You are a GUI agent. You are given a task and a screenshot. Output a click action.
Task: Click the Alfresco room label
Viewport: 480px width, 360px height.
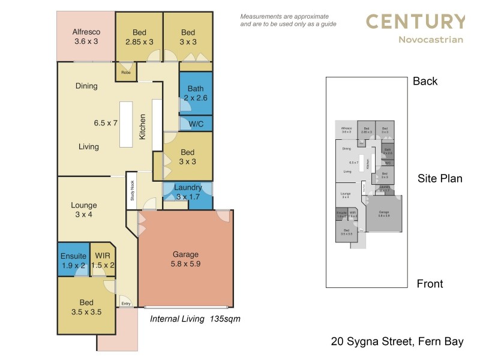86,32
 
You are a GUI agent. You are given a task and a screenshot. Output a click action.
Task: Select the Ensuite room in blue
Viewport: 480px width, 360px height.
73,260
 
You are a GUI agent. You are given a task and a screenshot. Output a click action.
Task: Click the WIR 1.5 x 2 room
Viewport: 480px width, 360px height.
103,260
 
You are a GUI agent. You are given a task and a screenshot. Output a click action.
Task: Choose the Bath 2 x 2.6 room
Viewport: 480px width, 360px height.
195,93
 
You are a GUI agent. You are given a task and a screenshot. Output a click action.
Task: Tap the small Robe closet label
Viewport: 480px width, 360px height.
126,73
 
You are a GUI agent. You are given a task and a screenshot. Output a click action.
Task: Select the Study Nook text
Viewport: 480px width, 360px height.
132,191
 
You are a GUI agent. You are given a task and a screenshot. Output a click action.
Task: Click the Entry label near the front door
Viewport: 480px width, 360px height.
126,304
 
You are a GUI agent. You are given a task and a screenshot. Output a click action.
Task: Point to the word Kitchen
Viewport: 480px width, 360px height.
143,127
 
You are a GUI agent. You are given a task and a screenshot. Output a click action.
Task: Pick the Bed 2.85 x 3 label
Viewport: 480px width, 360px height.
139,37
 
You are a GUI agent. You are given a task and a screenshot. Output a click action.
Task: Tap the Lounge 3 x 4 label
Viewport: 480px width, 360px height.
83,210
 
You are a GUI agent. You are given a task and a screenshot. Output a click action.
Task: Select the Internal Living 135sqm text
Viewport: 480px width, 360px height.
195,319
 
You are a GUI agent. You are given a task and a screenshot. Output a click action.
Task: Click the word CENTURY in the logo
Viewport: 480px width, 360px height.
415,22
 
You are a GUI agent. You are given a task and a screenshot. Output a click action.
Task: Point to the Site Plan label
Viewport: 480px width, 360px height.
440,178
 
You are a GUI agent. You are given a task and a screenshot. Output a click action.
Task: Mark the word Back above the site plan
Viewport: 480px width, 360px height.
425,82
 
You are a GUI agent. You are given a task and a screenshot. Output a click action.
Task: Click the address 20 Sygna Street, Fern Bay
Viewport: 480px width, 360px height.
397,342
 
